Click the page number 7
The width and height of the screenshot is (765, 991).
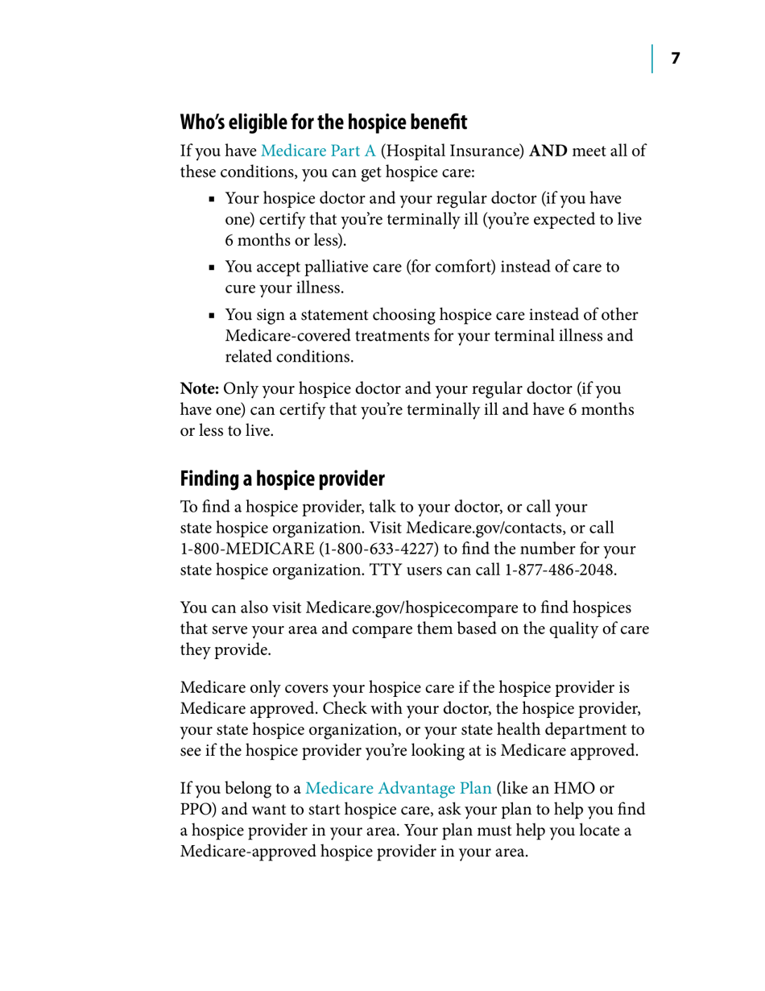(676, 59)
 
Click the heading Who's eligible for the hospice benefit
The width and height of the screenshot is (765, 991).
(323, 123)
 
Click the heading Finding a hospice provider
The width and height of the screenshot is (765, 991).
(283, 479)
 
